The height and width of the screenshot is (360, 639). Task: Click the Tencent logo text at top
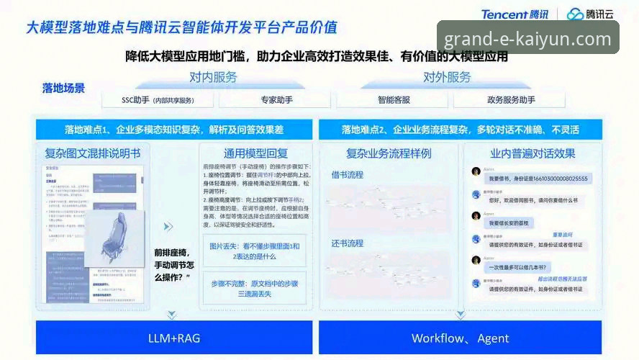(x=514, y=14)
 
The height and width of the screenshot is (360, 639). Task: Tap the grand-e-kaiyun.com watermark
(x=527, y=39)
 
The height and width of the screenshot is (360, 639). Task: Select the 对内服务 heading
(x=213, y=77)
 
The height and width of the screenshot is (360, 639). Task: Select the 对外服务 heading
(x=447, y=77)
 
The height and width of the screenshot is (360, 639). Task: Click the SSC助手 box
(x=158, y=99)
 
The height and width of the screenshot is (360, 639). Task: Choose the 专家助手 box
(x=276, y=99)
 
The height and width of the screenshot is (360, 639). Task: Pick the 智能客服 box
(x=394, y=99)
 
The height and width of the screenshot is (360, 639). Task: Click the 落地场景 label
(x=63, y=88)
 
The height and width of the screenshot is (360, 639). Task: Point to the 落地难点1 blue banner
(x=174, y=130)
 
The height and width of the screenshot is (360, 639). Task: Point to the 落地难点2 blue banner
(x=460, y=130)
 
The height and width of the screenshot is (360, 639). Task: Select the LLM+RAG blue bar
(x=174, y=338)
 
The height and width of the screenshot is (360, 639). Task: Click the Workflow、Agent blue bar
(x=460, y=338)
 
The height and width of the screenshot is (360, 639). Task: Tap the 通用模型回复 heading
(x=255, y=153)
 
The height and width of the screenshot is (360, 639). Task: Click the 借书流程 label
(x=347, y=175)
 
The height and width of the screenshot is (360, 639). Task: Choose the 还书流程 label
(x=347, y=243)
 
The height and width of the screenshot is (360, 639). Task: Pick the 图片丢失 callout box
(x=255, y=251)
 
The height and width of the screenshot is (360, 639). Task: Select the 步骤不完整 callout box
(x=255, y=289)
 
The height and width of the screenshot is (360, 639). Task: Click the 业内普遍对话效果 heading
(x=532, y=153)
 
